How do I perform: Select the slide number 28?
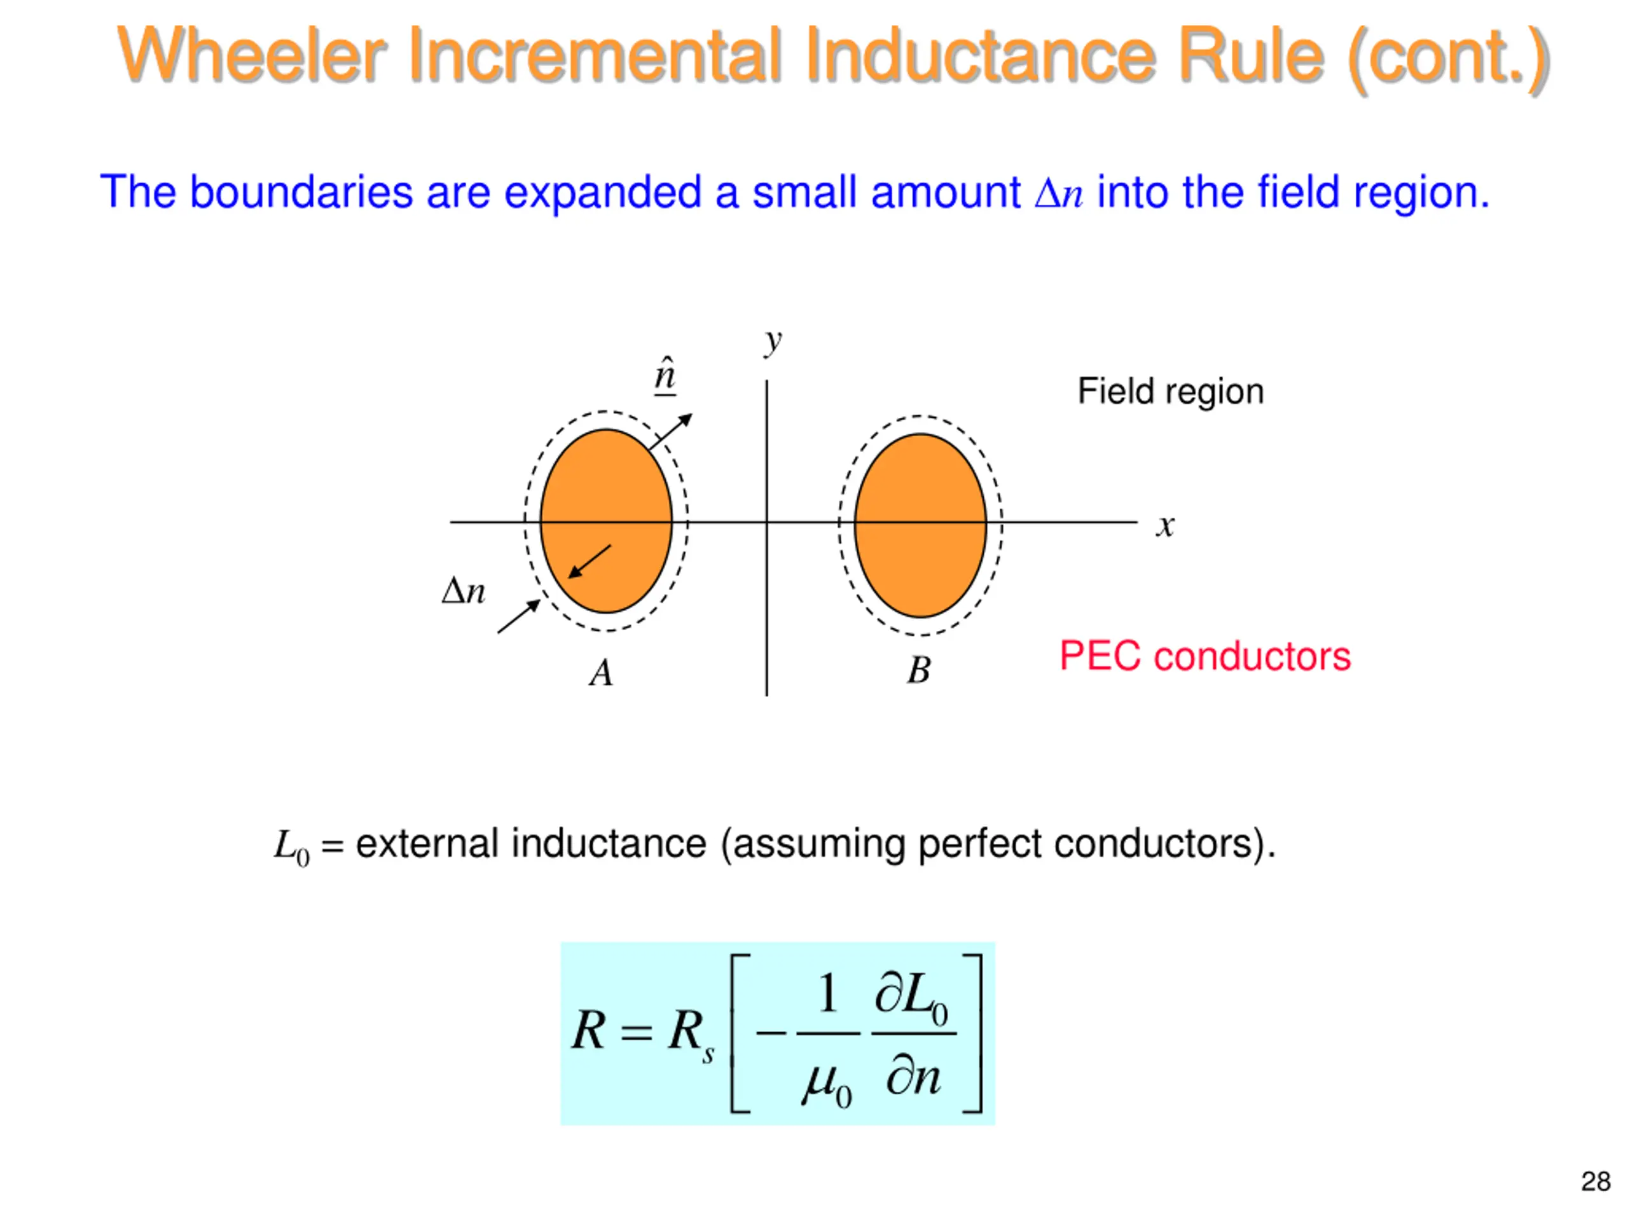coord(1595,1182)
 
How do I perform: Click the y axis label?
coord(772,341)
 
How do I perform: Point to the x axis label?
coord(1164,525)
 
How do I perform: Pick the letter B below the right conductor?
coord(918,670)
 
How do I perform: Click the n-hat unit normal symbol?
coord(665,375)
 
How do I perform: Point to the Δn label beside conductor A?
coord(464,591)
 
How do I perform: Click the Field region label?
coord(1170,391)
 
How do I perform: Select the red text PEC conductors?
coord(1205,656)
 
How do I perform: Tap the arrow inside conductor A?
coord(590,562)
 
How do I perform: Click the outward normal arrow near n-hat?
coord(670,431)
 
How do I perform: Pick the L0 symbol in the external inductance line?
coord(291,846)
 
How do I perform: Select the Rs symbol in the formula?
coord(689,1033)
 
